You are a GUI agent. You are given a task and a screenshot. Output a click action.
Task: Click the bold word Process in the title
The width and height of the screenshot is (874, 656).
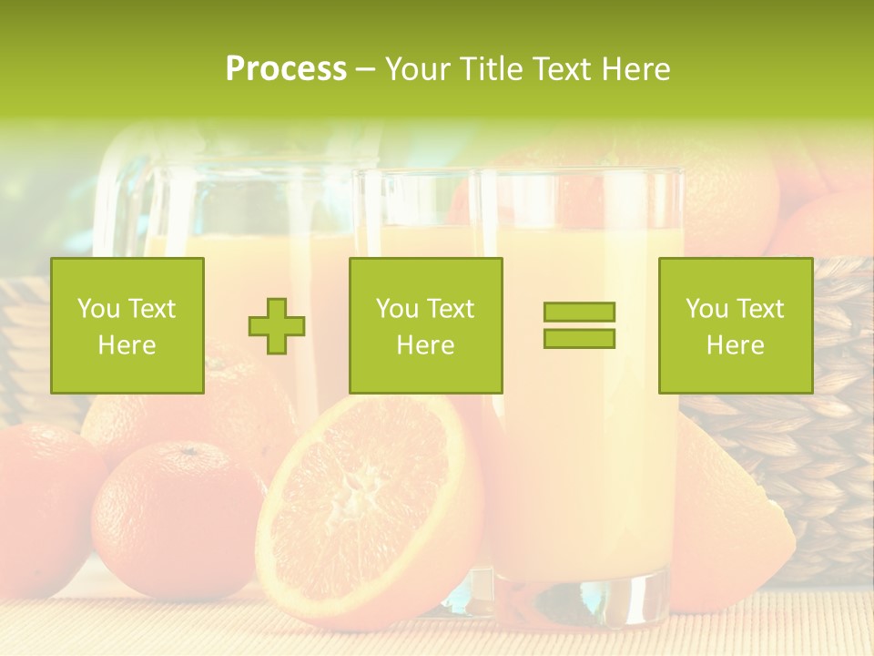pyautogui.click(x=286, y=69)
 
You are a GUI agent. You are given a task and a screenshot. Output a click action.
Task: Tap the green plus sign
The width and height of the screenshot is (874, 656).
pyautogui.click(x=277, y=326)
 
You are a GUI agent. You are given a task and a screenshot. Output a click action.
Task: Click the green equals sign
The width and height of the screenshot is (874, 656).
pyautogui.click(x=579, y=325)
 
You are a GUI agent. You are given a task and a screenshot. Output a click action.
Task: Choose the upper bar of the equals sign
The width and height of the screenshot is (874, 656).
pyautogui.click(x=579, y=313)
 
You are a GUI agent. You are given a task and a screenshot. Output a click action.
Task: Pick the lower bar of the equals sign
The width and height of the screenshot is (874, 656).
pyautogui.click(x=579, y=338)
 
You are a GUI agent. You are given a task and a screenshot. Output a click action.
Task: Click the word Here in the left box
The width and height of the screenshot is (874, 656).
pyautogui.click(x=127, y=345)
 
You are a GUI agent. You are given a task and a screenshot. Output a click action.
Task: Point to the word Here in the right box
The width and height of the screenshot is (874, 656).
pyautogui.click(x=735, y=345)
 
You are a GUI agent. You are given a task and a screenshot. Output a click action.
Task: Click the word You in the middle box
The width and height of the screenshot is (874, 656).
pyautogui.click(x=397, y=309)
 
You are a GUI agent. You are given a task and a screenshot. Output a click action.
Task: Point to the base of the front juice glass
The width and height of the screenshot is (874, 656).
pyautogui.click(x=583, y=597)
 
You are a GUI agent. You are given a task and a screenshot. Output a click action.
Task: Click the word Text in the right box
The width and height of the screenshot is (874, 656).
pyautogui.click(x=760, y=309)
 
